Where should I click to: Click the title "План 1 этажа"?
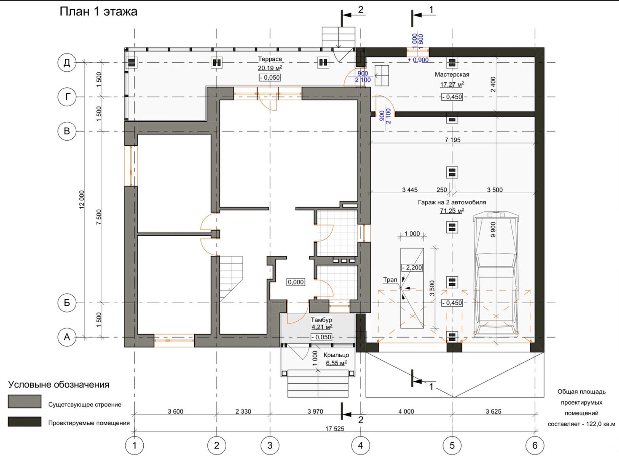[x=98, y=12]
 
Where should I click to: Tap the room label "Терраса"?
[x=270, y=59]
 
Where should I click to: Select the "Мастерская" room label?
[x=452, y=75]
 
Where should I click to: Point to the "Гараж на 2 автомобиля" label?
[x=452, y=202]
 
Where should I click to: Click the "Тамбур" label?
[x=321, y=320]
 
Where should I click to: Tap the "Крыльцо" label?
[x=336, y=355]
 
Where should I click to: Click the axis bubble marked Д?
[x=67, y=63]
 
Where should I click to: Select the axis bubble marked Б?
[x=67, y=303]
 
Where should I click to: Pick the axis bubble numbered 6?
[x=535, y=446]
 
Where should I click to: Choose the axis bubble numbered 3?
[x=270, y=446]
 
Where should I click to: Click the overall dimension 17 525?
[x=335, y=429]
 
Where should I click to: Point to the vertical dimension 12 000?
[x=82, y=200]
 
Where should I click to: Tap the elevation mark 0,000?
[x=295, y=282]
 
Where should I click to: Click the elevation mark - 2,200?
[x=412, y=267]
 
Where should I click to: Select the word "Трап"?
[x=390, y=280]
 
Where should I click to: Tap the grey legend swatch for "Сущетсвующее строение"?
[x=24, y=401]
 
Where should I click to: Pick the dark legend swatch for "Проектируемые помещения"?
[x=24, y=422]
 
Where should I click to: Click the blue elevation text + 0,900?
[x=418, y=60]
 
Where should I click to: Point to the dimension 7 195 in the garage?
[x=452, y=140]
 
